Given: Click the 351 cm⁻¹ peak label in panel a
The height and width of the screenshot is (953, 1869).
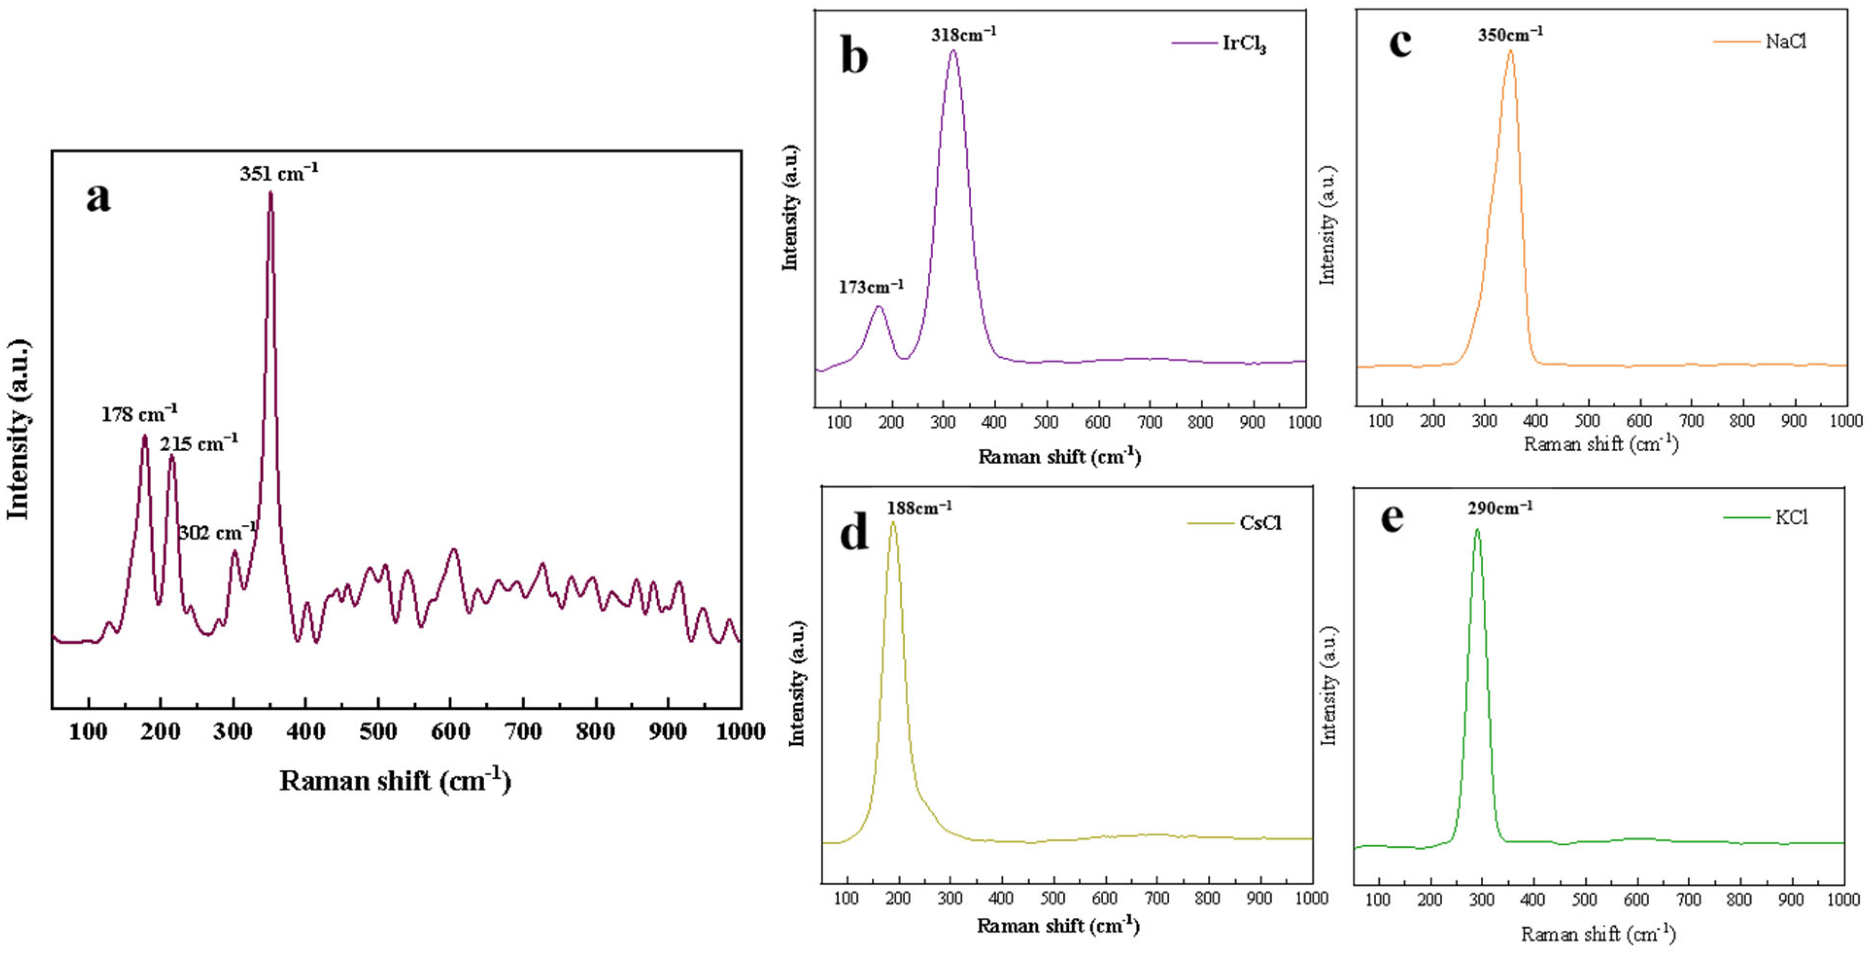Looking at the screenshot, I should click(279, 173).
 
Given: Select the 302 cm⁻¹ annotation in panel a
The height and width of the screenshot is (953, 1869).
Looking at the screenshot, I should click(217, 532).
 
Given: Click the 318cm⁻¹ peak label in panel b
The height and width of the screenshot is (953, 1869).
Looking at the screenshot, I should click(964, 34).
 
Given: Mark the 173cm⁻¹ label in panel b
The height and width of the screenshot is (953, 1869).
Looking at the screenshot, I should click(871, 287).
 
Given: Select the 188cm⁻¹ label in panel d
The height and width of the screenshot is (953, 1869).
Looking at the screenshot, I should click(919, 507).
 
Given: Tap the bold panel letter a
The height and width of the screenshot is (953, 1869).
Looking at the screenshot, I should click(98, 197).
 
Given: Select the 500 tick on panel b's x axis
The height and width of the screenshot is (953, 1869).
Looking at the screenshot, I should click(1046, 422).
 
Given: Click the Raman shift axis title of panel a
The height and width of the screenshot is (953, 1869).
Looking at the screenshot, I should click(395, 781).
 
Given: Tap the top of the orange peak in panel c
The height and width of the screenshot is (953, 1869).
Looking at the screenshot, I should click(1511, 51).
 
